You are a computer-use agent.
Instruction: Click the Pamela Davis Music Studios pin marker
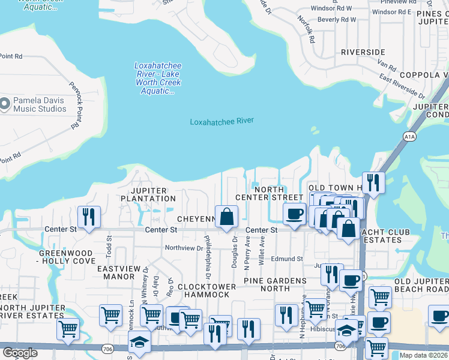5,104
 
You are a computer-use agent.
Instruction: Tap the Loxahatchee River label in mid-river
221,121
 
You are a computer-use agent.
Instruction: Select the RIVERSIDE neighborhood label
363,52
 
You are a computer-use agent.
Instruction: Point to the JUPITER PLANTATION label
148,194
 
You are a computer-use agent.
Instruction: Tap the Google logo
19,353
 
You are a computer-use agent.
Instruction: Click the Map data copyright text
424,355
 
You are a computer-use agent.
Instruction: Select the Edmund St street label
286,259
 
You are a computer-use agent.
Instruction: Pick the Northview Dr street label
184,248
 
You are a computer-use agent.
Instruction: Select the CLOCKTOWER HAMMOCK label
206,290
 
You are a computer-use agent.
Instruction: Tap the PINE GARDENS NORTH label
275,285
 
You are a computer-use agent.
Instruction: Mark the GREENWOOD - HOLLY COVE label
67,257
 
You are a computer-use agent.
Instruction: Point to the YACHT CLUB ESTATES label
383,236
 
